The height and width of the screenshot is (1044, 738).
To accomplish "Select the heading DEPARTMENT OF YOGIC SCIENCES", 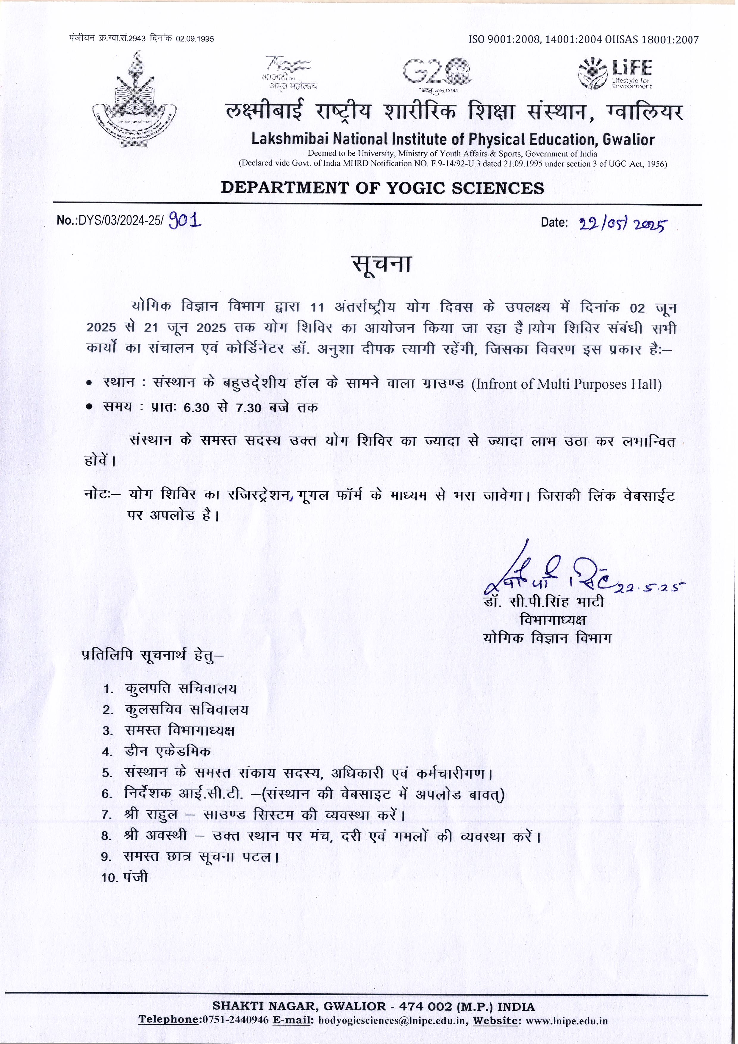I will pyautogui.click(x=382, y=188).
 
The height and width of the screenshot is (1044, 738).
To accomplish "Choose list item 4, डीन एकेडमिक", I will pyautogui.click(x=167, y=751).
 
